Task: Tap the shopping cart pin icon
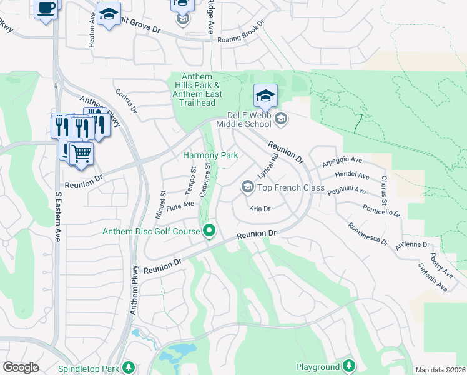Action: tap(81, 152)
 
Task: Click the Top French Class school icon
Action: tap(247, 187)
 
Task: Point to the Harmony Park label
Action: tap(210, 155)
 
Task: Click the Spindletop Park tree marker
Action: tap(129, 367)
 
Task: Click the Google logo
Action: tap(21, 367)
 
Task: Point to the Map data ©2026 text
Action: tap(440, 370)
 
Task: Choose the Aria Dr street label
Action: tap(259, 209)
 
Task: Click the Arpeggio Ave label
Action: tap(342, 161)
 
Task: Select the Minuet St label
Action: tap(160, 205)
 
